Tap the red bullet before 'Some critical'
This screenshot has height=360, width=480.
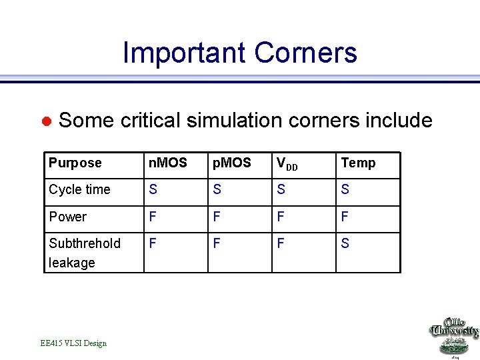pos(47,121)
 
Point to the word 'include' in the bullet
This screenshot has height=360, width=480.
pos(399,120)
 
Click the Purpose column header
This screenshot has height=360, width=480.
pos(75,163)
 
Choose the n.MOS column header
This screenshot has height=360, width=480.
pos(167,163)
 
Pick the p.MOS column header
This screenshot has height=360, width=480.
pos(231,163)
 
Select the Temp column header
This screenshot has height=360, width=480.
pos(358,163)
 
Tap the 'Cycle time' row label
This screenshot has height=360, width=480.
pos(79,190)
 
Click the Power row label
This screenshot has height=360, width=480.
pos(67,217)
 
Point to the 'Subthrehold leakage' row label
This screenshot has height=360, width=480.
pos(84,253)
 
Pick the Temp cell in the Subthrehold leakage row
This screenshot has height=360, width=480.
pos(345,244)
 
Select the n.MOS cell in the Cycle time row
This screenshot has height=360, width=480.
pos(153,190)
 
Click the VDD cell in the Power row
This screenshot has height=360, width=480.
pos(281,217)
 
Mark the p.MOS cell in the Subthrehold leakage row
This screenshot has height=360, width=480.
pos(217,244)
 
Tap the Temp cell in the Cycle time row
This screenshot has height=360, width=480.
pos(345,190)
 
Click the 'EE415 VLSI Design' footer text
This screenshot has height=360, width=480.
pos(73,343)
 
